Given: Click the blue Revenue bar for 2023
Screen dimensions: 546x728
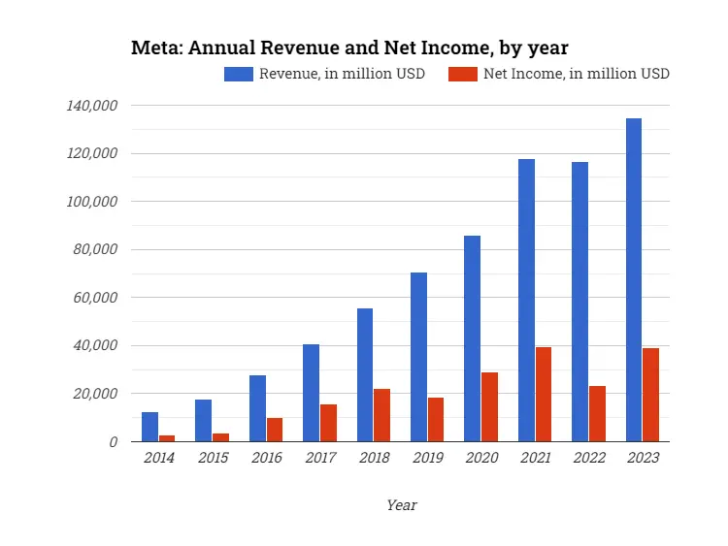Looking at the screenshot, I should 634,280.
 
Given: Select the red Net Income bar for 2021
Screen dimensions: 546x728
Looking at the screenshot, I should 544,395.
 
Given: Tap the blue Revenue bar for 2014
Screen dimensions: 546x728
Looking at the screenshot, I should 149,427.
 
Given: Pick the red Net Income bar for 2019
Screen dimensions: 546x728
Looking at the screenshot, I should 436,419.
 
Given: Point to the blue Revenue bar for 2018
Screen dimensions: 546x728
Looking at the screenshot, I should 365,375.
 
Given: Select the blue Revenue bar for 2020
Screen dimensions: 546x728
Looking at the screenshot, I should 472,338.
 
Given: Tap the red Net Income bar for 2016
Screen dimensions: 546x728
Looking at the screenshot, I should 275,430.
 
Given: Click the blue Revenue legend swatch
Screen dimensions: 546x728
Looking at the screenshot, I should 239,74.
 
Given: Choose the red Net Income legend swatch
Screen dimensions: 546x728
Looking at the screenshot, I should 464,74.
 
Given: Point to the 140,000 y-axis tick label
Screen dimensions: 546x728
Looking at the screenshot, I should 92,105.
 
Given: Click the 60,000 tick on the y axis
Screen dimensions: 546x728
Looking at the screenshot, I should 96,298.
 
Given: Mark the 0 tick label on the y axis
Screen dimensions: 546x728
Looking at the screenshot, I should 114,442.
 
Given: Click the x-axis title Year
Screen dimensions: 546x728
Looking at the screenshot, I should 401,505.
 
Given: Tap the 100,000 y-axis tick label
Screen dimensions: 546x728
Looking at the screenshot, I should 92,202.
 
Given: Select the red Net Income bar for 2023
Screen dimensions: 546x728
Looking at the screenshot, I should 650,395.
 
